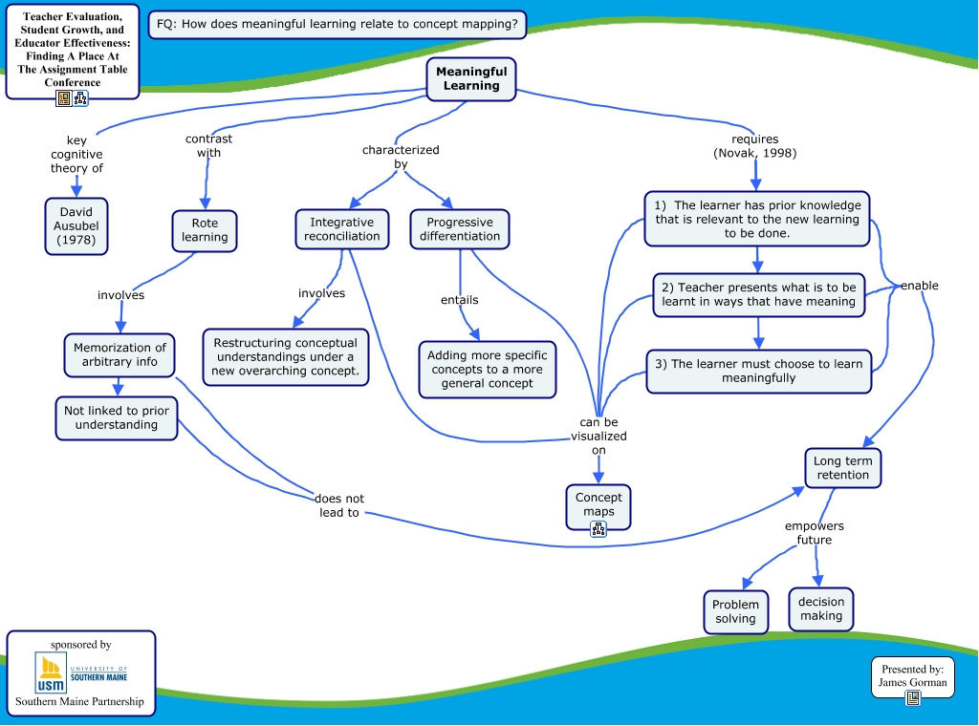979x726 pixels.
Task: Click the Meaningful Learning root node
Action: point(471,78)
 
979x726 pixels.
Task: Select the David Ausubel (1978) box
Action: point(76,226)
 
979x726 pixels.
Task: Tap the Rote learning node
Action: point(205,230)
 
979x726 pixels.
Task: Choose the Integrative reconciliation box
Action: point(342,229)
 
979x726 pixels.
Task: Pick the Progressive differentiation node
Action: point(460,229)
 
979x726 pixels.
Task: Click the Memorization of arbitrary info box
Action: point(120,355)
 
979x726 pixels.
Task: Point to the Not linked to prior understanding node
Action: point(117,418)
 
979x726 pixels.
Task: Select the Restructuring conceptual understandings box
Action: point(286,356)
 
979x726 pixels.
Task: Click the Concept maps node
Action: point(598,503)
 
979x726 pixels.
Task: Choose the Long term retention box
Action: point(842,468)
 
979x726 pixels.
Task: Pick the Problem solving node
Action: point(735,611)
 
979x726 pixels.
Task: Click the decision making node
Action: point(821,609)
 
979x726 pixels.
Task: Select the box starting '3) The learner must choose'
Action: point(759,371)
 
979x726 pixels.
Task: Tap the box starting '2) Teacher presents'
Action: point(759,294)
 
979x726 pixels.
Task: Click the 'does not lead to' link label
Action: point(339,505)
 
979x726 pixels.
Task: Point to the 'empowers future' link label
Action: point(815,533)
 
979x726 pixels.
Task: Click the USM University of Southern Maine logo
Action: point(81,673)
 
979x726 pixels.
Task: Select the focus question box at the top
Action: point(338,24)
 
